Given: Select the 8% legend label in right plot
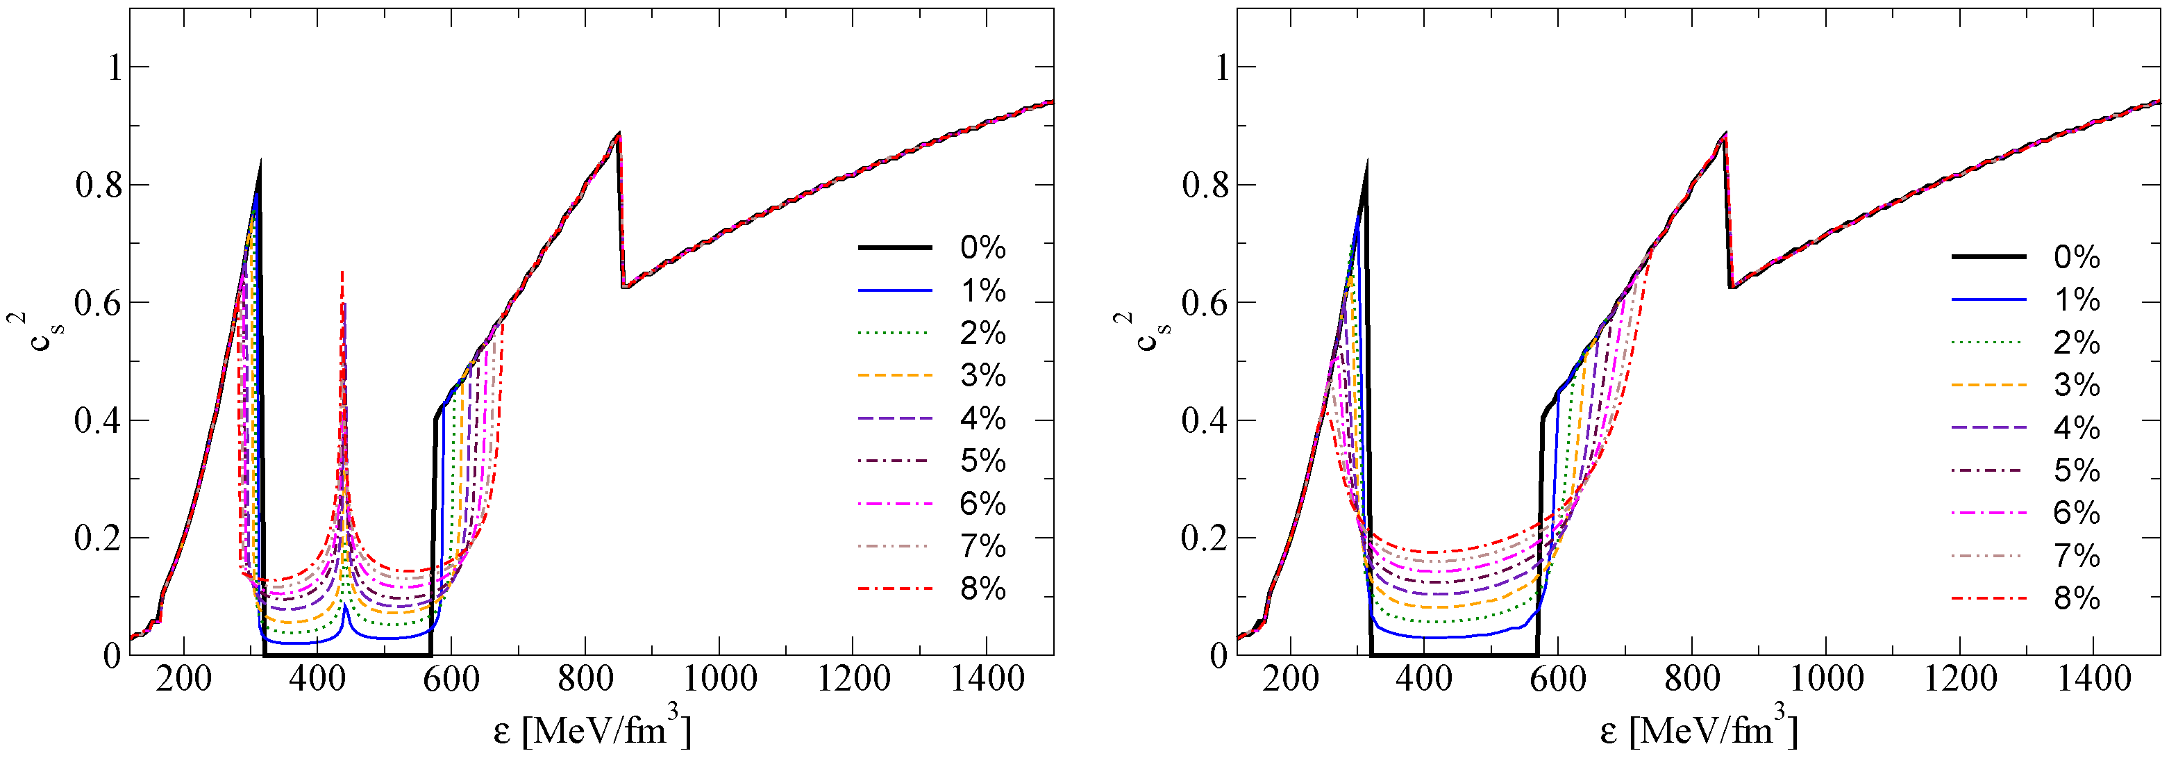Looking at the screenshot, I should pyautogui.click(x=2077, y=599).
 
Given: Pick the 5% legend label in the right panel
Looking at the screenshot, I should pyautogui.click(x=2077, y=471).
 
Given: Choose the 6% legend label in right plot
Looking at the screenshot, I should pyautogui.click(x=2077, y=513).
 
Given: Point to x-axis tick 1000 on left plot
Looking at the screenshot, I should pyautogui.click(x=719, y=679).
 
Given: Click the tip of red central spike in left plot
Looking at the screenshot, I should pyautogui.click(x=342, y=271).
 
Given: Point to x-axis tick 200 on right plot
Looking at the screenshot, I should pyautogui.click(x=1290, y=679).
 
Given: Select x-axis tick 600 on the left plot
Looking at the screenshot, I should pyautogui.click(x=451, y=679).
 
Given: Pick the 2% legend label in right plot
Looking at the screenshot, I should pyautogui.click(x=2077, y=343).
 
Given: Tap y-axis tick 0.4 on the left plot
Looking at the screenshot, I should pyautogui.click(x=99, y=420).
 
